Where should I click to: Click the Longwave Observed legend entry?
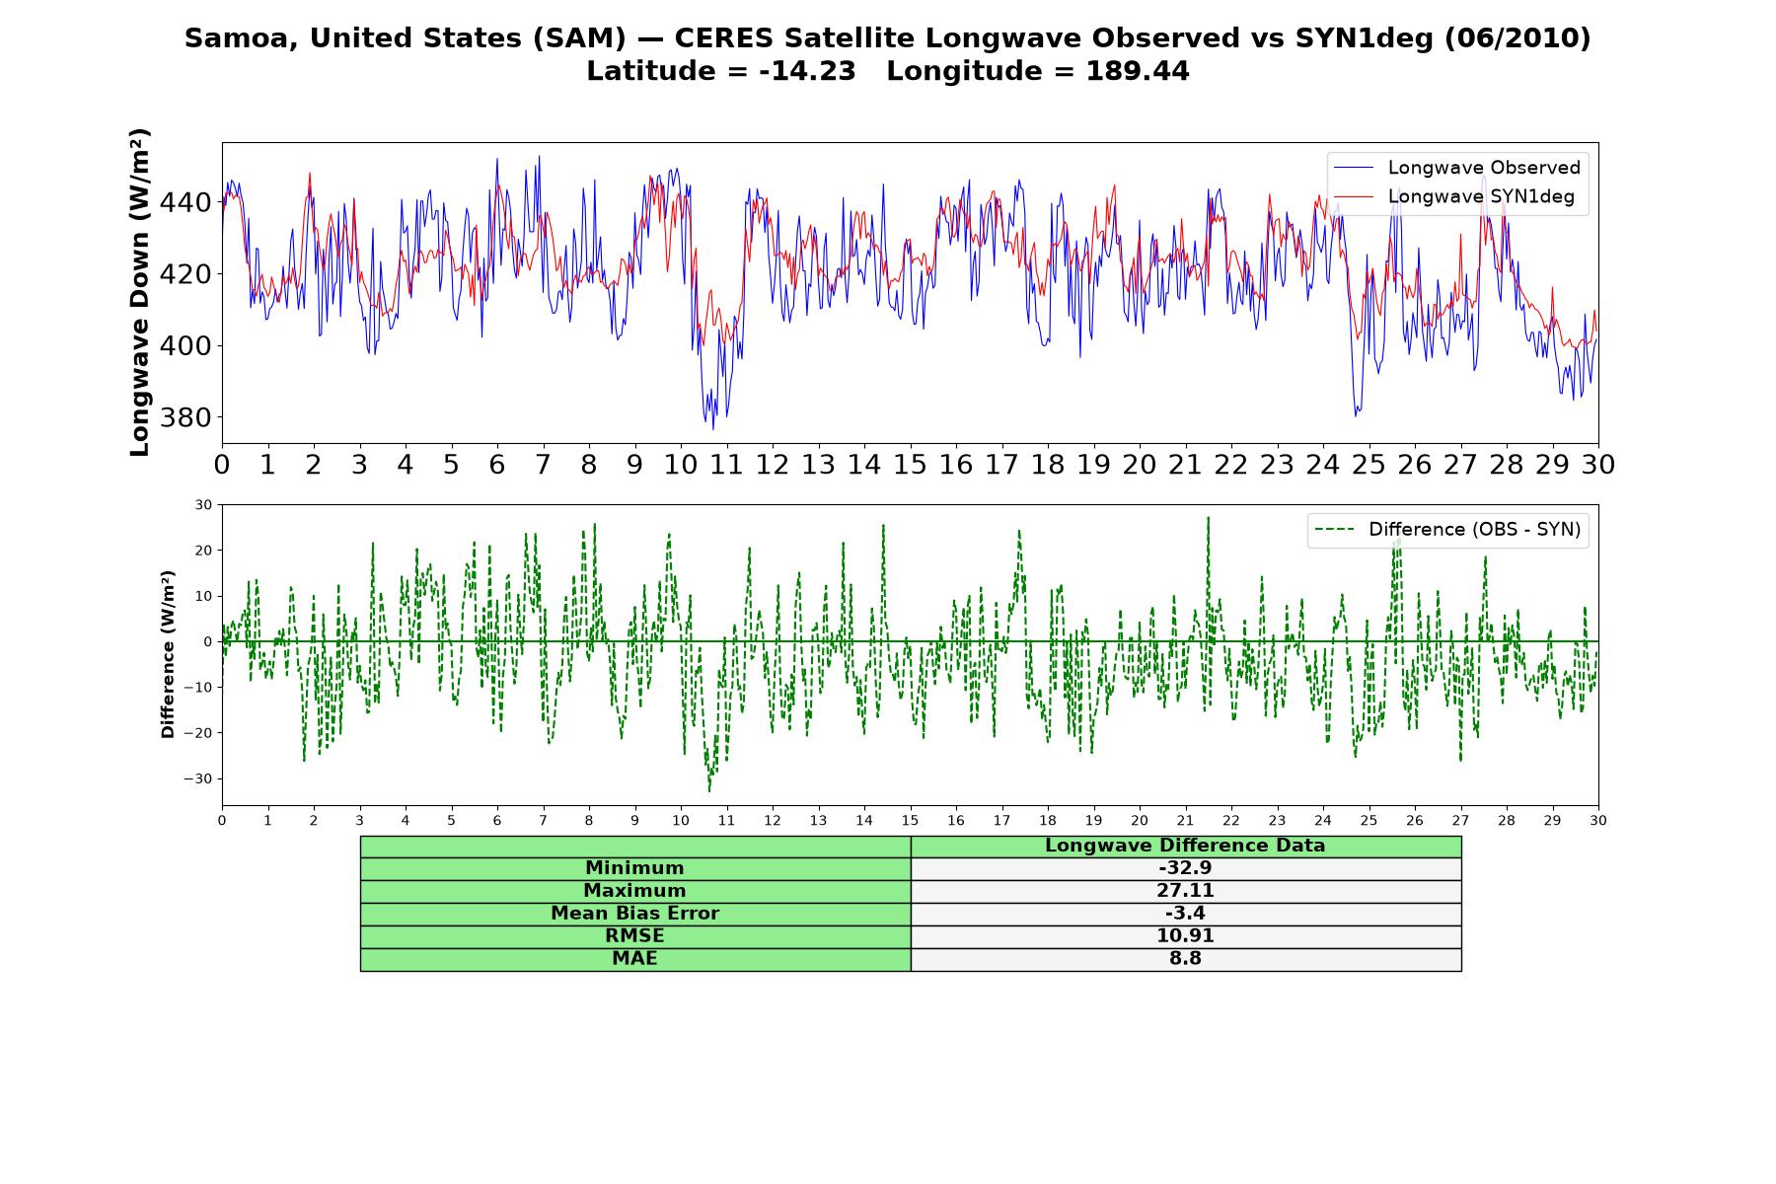1456,168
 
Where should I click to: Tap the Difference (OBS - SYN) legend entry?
1447,530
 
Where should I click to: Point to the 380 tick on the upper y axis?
185,417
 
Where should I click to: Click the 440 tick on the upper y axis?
185,202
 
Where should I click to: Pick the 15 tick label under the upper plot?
910,465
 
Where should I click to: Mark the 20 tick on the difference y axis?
203,550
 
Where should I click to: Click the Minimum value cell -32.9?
1185,868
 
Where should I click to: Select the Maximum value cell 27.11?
1185,891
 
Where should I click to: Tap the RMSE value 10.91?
1185,936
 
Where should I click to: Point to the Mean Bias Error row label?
634,914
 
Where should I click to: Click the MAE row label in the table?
634,959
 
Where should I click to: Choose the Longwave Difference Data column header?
1185,846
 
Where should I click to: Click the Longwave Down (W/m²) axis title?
139,292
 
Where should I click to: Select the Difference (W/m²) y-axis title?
168,654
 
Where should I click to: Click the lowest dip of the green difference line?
708,791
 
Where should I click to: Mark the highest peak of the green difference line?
1208,517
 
